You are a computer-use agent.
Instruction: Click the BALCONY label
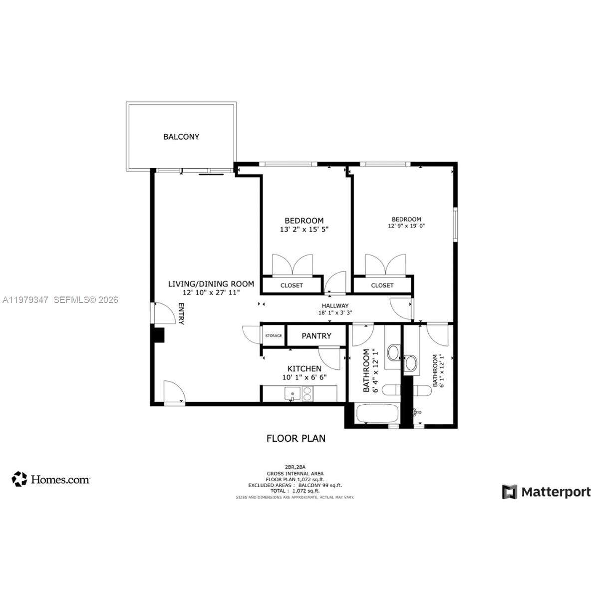181,137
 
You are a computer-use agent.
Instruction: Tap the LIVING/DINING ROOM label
211,284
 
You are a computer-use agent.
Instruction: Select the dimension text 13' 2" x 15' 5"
304,230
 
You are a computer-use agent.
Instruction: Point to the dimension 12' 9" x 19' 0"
406,226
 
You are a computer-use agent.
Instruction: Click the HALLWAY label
335,306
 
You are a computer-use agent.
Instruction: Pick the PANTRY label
316,336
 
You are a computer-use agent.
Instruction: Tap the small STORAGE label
274,336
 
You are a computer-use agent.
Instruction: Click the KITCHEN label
304,369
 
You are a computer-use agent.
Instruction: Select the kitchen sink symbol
292,394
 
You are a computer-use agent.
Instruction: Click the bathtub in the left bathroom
377,414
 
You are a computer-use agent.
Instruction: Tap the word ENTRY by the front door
181,314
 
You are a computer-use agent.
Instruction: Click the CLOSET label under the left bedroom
292,286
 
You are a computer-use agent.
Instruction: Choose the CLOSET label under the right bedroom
382,286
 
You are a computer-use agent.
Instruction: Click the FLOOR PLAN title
296,438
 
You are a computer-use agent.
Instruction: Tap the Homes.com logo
51,479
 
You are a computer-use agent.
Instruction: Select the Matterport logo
546,492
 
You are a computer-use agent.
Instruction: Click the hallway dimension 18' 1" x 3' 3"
335,313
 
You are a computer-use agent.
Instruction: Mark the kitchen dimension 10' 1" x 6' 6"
304,377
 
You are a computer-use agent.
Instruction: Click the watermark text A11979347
25,300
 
